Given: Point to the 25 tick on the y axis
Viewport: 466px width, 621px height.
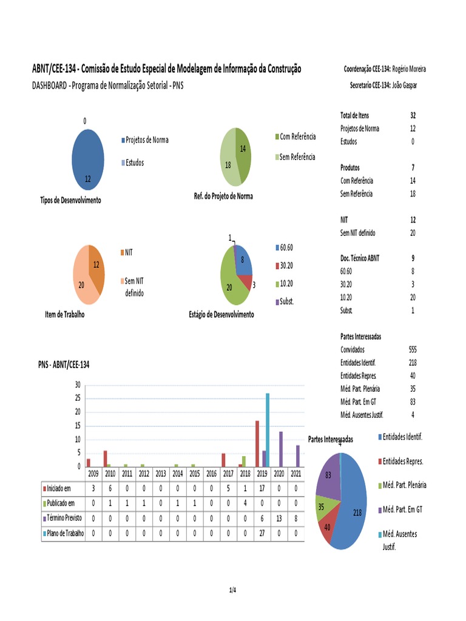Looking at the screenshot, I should click(x=77, y=398).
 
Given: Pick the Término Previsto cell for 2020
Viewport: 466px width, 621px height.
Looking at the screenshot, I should click(x=279, y=519).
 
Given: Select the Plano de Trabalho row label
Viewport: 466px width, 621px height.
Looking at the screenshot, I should click(x=63, y=534).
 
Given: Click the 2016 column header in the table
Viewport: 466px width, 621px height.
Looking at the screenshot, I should click(x=211, y=474).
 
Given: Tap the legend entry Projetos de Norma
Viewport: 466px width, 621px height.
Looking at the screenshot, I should click(x=146, y=140).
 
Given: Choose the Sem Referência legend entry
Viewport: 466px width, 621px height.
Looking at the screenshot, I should click(x=297, y=157).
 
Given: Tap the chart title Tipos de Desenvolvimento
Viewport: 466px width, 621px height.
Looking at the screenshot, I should click(x=70, y=201).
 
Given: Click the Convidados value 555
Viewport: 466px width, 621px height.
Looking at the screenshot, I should click(x=413, y=350).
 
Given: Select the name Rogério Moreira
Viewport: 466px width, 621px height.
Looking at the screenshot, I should click(x=409, y=69).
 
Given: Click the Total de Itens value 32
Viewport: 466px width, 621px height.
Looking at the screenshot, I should click(x=413, y=115).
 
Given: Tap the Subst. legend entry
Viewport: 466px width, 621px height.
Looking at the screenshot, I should click(x=286, y=301).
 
